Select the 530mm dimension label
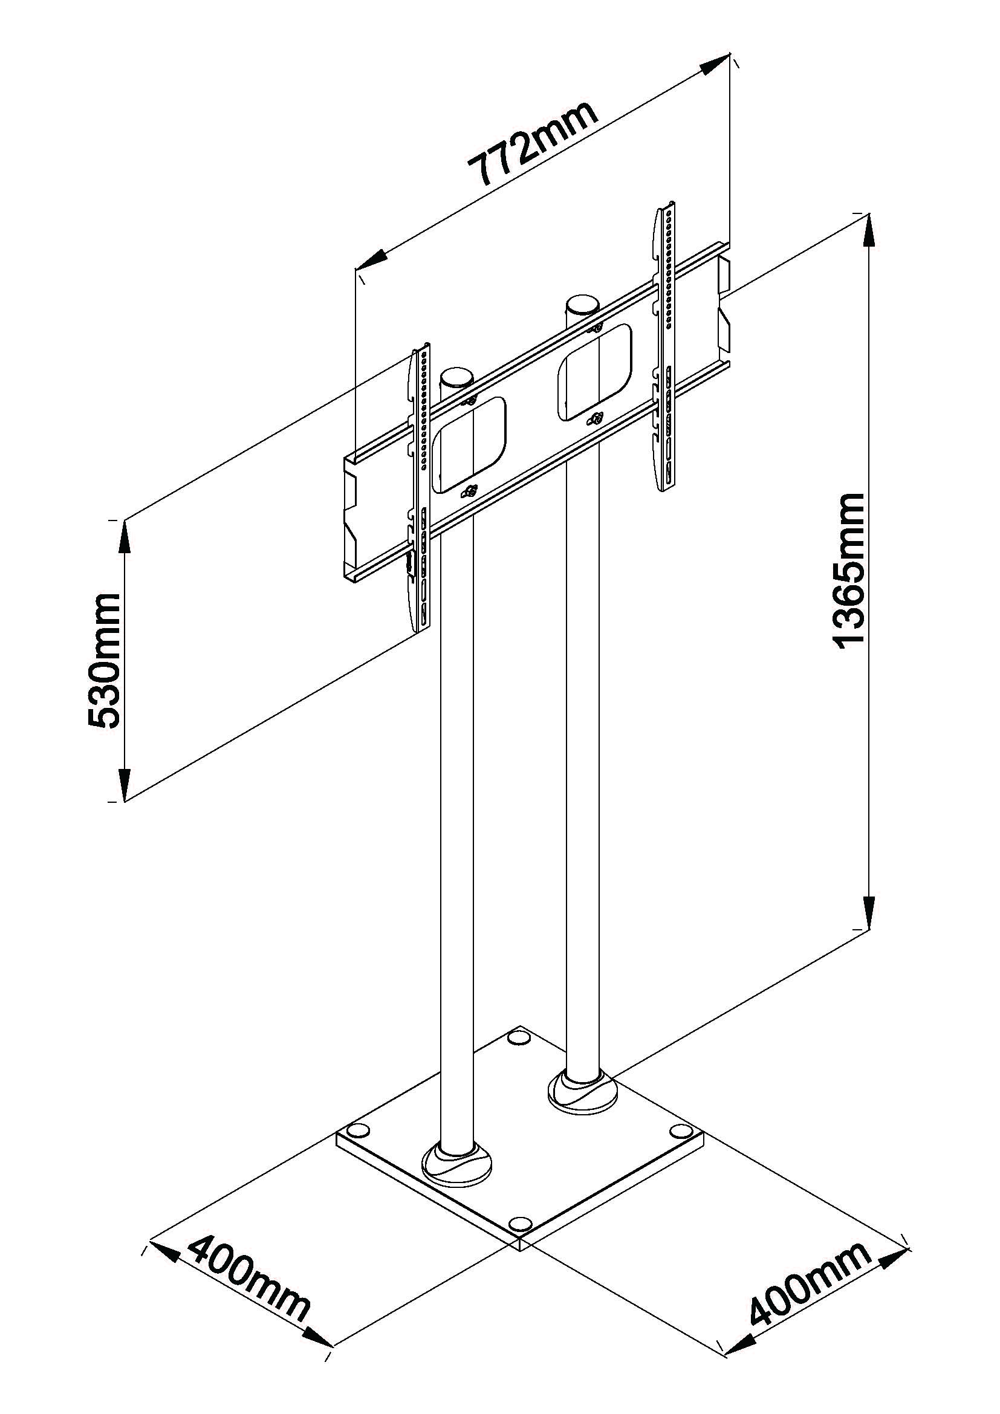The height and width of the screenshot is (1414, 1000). point(104,661)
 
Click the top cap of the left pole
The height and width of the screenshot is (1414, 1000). point(456,377)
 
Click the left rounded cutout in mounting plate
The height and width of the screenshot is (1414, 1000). point(469,445)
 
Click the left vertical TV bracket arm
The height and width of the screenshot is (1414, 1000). point(420,487)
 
